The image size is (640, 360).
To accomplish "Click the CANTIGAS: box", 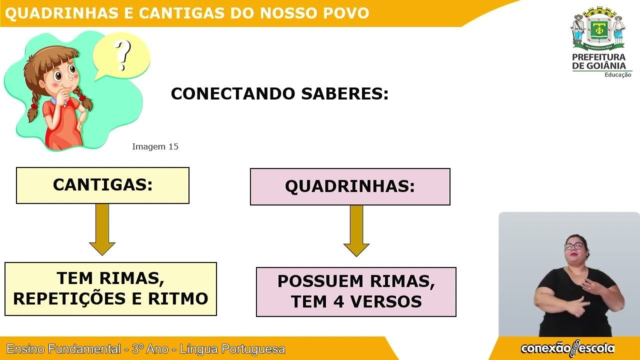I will tap(102, 185).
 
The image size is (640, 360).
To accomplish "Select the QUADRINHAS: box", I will tap(350, 186).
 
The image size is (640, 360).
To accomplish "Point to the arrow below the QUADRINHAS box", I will tap(356, 230).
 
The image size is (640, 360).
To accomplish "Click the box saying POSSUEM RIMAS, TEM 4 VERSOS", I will tap(356, 291).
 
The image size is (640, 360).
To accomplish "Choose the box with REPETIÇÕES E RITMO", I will tap(110, 289).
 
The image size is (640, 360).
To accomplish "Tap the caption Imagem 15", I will tap(155, 146).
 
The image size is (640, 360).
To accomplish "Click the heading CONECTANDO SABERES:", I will tap(279, 93).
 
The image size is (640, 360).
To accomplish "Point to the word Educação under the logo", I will tap(617, 75).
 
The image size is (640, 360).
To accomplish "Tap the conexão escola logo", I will tap(567, 348).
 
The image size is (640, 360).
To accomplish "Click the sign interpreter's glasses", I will tap(573, 246).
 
